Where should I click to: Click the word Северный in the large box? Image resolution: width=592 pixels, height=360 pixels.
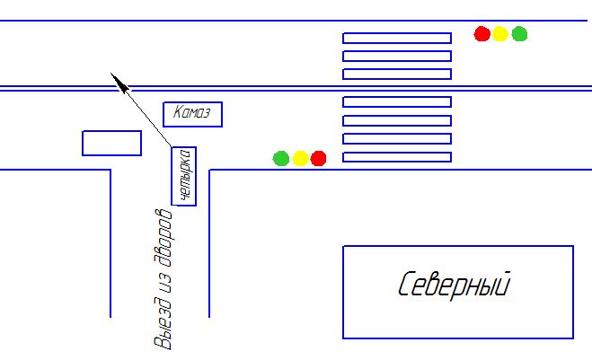click(455, 285)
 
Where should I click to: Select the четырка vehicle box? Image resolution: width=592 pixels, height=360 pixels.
click(184, 176)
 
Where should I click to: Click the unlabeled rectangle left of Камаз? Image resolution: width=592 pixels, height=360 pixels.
click(111, 143)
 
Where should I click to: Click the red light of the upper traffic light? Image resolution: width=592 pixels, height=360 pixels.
click(482, 34)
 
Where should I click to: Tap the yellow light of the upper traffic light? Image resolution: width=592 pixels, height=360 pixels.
click(500, 34)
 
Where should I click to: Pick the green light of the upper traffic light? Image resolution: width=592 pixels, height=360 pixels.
click(519, 34)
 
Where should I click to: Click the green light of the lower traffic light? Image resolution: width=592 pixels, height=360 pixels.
click(281, 159)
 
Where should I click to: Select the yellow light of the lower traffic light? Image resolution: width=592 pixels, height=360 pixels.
click(300, 159)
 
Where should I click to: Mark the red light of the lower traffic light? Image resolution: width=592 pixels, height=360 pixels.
click(318, 159)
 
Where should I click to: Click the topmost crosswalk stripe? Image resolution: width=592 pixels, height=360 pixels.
click(396, 38)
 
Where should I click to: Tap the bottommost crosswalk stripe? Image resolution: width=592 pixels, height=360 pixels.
click(396, 157)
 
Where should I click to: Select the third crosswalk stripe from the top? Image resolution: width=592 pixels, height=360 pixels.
click(396, 74)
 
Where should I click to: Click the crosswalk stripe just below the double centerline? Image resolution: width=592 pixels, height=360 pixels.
click(396, 101)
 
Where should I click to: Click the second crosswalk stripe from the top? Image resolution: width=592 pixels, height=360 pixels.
click(396, 56)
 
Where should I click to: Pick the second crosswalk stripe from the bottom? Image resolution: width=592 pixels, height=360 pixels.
click(396, 138)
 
